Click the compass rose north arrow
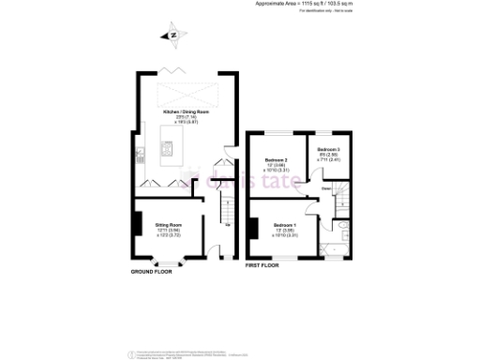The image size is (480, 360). tap(172, 36)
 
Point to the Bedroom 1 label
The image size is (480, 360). tap(285, 226)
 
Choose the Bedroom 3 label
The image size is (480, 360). tap(327, 150)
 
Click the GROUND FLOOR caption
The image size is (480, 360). tap(155, 272)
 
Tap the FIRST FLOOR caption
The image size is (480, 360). tap(265, 266)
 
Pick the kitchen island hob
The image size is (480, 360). tap(168, 148)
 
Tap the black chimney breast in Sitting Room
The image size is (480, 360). tap(137, 225)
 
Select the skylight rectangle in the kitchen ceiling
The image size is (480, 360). tap(184, 93)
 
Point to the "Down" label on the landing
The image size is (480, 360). tap(326, 188)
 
